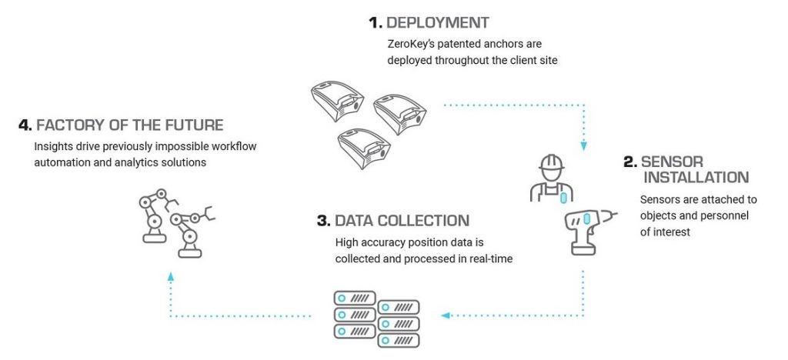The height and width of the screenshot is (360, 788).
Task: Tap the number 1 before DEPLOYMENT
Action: tap(375, 23)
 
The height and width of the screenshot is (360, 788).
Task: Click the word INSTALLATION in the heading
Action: tap(696, 178)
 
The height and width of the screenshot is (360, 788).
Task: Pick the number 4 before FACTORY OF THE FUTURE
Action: tap(22, 125)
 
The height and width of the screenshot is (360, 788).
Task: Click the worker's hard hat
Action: tap(552, 164)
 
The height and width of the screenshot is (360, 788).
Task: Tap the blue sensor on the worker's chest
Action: tap(563, 197)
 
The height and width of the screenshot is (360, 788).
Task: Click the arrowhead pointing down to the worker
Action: tap(584, 145)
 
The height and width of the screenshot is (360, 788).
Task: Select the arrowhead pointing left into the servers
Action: tap(444, 315)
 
